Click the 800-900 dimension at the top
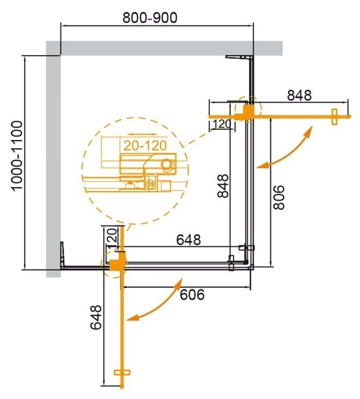(x=150, y=17)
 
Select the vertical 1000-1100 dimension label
(x=17, y=155)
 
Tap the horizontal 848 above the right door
(x=299, y=95)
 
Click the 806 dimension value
(x=278, y=197)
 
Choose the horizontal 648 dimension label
(x=188, y=239)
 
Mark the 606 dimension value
(x=192, y=294)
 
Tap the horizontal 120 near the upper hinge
(x=221, y=124)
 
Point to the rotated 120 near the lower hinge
(x=111, y=239)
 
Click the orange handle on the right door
(x=334, y=116)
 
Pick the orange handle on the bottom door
(x=123, y=373)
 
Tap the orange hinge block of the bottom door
(x=116, y=264)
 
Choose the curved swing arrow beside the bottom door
(x=157, y=301)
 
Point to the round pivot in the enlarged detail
(x=167, y=164)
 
